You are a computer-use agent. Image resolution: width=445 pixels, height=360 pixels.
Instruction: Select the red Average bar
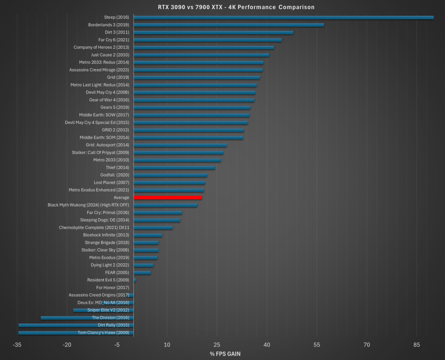tap(168, 198)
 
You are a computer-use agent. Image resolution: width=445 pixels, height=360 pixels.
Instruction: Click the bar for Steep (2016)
tap(283, 17)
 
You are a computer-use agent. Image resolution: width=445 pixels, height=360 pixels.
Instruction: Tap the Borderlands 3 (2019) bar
tap(229, 25)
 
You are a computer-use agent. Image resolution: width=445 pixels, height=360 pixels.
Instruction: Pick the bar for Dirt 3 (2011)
tap(213, 32)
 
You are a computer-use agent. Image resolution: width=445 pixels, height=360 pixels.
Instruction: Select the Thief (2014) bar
tap(174, 167)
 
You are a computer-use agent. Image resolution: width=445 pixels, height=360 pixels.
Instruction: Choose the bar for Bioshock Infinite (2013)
tap(148, 235)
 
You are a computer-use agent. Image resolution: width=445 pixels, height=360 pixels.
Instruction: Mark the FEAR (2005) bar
tap(142, 273)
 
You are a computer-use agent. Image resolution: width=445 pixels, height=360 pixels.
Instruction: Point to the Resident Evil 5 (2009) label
tap(108, 280)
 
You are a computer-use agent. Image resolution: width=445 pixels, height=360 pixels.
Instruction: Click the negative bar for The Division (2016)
tap(87, 318)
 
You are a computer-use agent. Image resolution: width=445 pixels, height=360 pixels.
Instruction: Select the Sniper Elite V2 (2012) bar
tap(103, 310)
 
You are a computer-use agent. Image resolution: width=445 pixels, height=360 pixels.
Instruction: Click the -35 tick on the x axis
tap(17, 345)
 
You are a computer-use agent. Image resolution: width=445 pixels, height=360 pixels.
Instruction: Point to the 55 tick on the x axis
tap(317, 345)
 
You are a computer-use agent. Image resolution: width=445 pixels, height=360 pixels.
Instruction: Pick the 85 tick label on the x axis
tap(417, 345)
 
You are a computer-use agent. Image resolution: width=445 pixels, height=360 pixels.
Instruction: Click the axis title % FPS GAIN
tap(225, 354)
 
